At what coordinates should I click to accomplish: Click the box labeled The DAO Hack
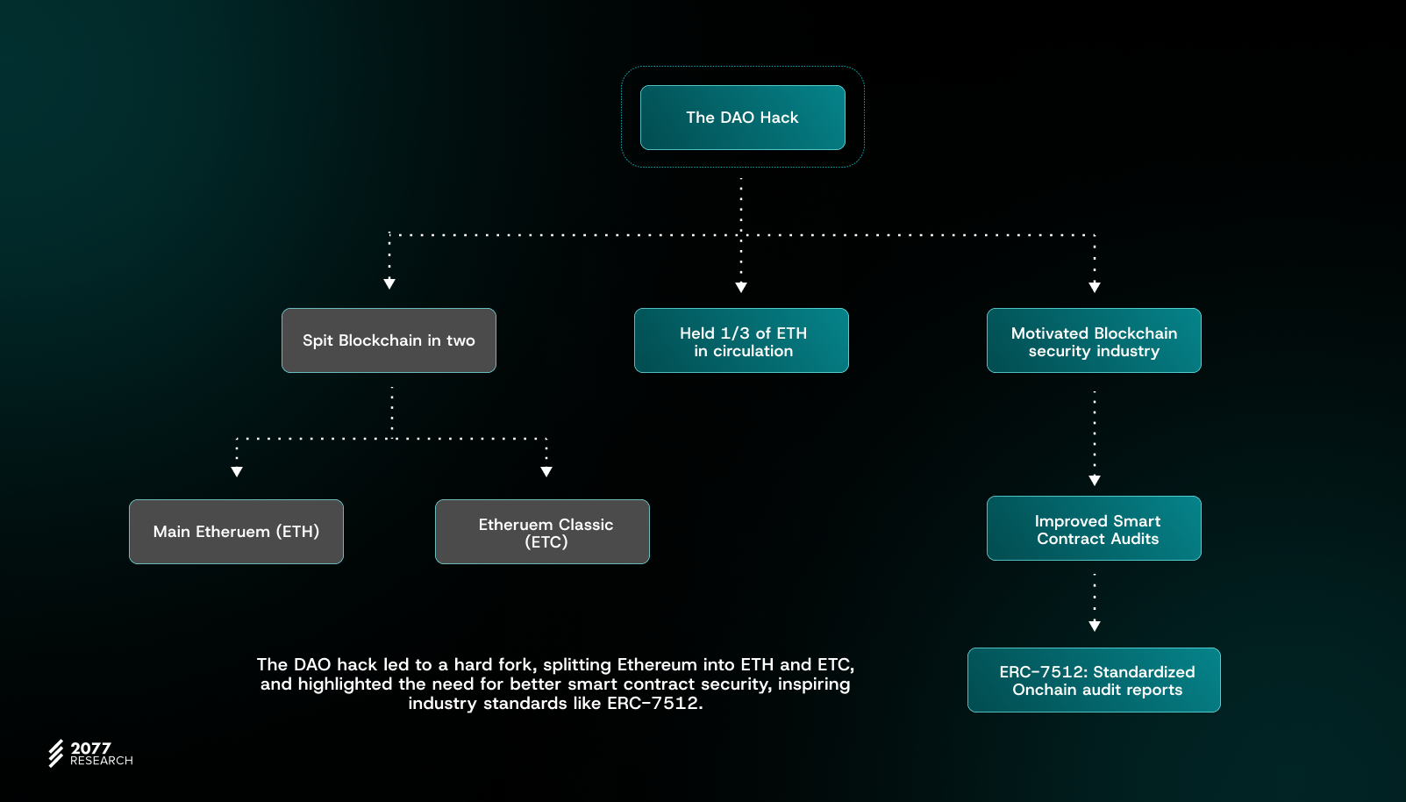click(742, 118)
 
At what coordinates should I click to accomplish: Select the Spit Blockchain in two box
click(389, 340)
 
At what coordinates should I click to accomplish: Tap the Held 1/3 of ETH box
click(741, 340)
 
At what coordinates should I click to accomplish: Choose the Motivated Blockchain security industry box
click(1094, 340)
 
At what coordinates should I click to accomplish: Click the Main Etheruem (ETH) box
click(236, 532)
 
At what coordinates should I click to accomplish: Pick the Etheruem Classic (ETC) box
click(542, 532)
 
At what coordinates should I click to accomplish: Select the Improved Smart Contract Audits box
click(1094, 528)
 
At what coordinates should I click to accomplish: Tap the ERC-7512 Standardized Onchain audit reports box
click(1094, 680)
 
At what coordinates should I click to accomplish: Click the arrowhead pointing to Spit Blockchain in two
click(389, 283)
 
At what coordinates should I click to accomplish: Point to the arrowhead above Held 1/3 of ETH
click(741, 287)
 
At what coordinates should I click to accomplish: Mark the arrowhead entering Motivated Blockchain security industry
click(1095, 287)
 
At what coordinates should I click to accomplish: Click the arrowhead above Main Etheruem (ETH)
click(237, 472)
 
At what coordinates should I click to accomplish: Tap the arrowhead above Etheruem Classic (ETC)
click(546, 472)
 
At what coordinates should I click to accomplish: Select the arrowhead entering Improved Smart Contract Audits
click(1095, 480)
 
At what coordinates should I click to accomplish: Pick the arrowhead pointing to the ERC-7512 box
click(1095, 626)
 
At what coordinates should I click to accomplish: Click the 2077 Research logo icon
click(56, 753)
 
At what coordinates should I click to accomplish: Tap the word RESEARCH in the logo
click(102, 761)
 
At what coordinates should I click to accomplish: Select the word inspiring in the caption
click(814, 684)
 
